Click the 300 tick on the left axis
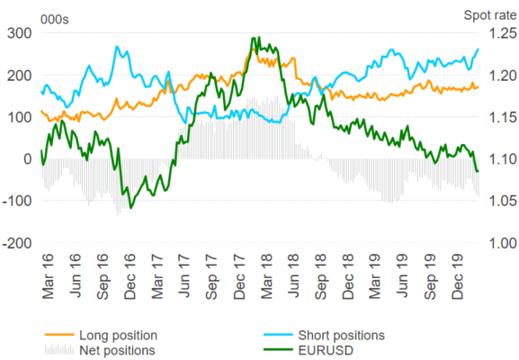[x=20, y=33]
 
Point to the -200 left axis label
[x=17, y=243]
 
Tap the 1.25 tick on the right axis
[x=503, y=33]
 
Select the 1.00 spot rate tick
[x=503, y=243]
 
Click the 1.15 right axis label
[x=503, y=117]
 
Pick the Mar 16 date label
[x=48, y=276]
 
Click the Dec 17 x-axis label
[x=239, y=276]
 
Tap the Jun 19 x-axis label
[x=402, y=276]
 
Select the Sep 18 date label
[x=320, y=276]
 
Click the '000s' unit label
[x=55, y=20]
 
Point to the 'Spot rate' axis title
[x=490, y=15]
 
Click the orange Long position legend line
[x=59, y=335]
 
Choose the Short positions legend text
[x=341, y=335]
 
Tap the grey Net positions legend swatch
[x=59, y=350]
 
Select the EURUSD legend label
[x=326, y=350]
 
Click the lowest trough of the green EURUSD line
[x=131, y=208]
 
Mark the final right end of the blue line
[x=478, y=49]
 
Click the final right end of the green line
[x=478, y=171]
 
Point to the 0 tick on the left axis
[x=28, y=159]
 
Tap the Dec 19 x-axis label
[x=457, y=276]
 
